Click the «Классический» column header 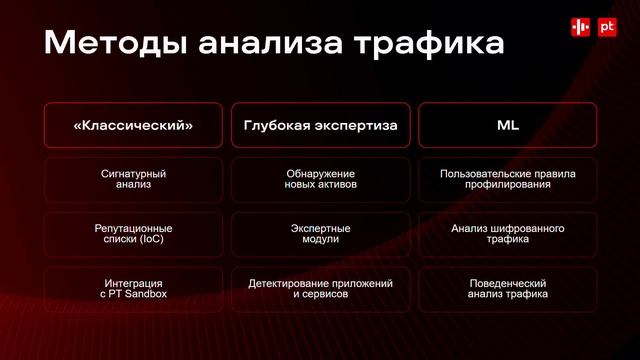[134, 126]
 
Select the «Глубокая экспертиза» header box [320, 126]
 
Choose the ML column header [507, 126]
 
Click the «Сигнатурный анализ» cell [134, 180]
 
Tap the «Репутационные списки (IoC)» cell [134, 234]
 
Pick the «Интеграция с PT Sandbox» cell [134, 289]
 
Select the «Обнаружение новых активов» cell [320, 180]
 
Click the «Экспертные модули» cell [320, 234]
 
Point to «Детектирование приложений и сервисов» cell [320, 289]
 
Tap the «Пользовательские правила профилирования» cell [507, 180]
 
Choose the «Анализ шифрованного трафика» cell [507, 234]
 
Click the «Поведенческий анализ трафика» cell [507, 289]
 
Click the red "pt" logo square [606, 29]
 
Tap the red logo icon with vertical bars [580, 29]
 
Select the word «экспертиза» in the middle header [355, 126]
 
